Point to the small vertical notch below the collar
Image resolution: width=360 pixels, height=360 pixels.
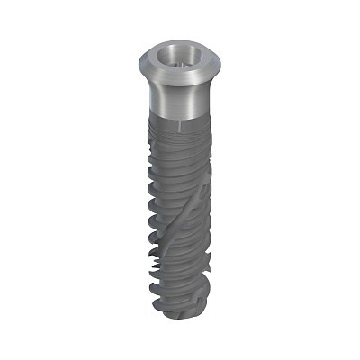click(x=179, y=124)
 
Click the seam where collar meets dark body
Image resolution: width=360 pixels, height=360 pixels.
click(x=179, y=119)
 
